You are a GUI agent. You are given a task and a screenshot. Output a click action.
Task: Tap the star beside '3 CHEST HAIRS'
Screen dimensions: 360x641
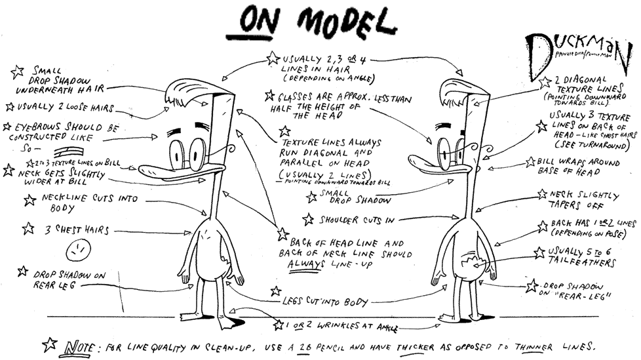coord(28,229)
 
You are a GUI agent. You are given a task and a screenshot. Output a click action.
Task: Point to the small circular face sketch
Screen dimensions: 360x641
coord(78,250)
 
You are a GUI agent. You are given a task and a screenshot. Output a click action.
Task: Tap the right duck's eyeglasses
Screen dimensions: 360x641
coord(446,153)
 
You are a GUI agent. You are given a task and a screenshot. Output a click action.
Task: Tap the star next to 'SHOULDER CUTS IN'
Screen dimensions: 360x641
coord(308,218)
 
